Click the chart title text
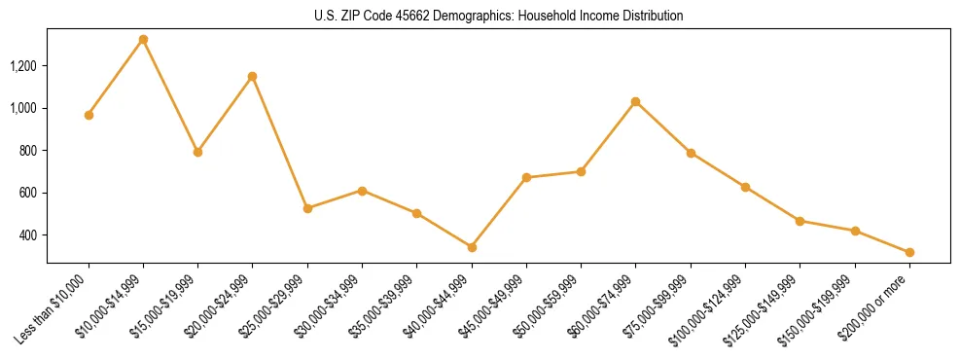(498, 16)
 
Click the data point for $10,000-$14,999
(143, 40)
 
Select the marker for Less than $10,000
(89, 115)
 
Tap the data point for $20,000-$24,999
(253, 76)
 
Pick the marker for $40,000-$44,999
(472, 247)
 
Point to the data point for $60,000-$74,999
(636, 101)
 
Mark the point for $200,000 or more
(909, 252)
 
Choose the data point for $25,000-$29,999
(307, 208)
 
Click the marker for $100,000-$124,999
(745, 187)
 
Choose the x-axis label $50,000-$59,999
(548, 309)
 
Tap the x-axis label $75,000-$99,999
(657, 309)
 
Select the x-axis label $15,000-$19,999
(164, 309)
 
